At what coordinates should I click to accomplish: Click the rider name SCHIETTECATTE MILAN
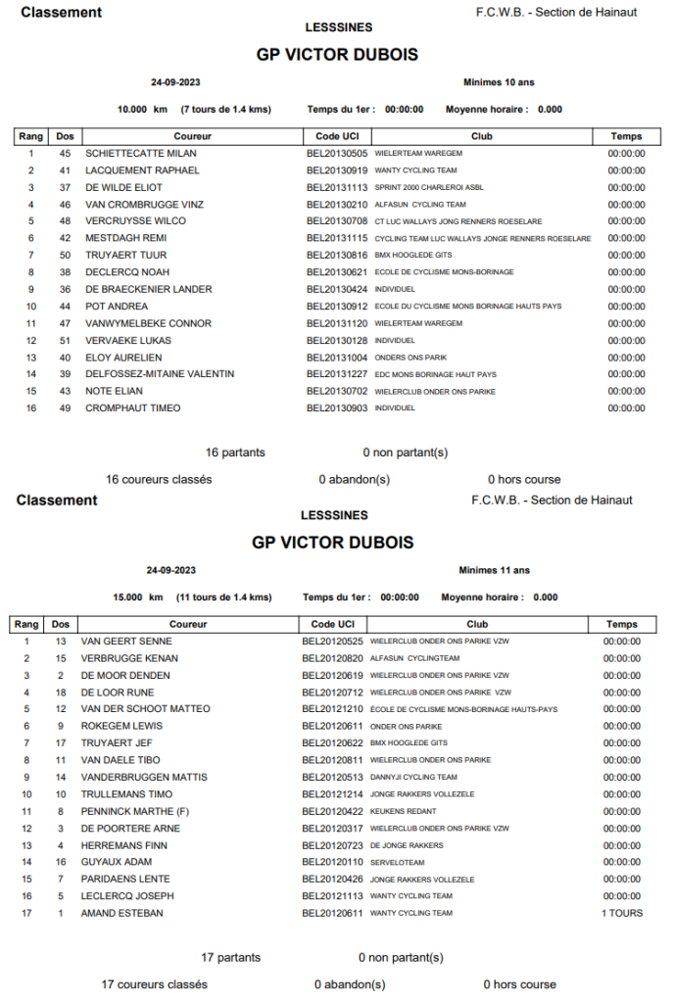[141, 154]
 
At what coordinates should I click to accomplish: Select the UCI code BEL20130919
[336, 170]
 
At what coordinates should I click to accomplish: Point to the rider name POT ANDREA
[117, 307]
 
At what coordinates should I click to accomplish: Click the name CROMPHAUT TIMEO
[132, 408]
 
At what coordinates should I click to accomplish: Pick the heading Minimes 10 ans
[498, 82]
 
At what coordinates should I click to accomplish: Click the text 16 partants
[235, 453]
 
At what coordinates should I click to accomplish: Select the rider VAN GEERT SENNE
[126, 642]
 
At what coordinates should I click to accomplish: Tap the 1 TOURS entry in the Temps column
[622, 913]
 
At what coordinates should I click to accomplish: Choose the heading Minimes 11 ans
[494, 570]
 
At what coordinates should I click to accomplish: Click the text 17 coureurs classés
[155, 984]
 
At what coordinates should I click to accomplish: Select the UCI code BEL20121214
[332, 794]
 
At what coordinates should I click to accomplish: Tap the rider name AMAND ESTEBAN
[122, 913]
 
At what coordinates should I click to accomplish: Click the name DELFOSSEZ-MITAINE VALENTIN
[160, 374]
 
